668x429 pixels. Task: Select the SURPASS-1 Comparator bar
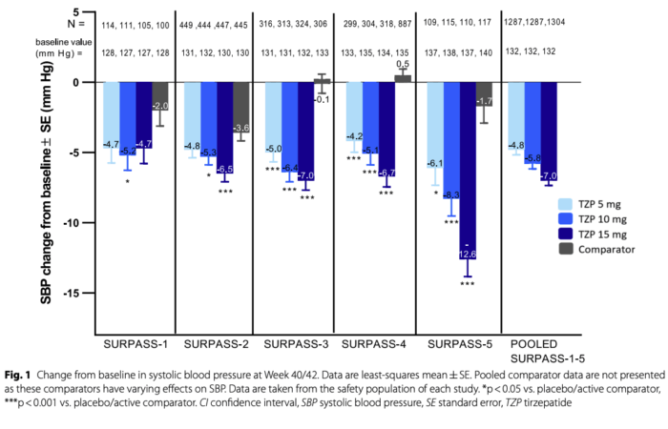point(160,96)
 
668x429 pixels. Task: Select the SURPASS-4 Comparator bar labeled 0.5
point(403,78)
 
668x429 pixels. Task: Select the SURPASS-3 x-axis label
point(290,342)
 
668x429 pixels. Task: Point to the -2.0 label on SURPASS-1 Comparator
point(160,106)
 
